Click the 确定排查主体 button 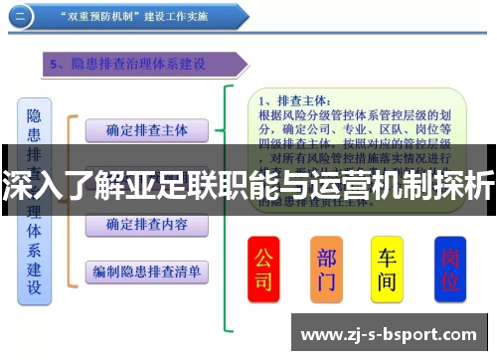coord(145,130)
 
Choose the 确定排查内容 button coord(145,224)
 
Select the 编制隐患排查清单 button coord(146,270)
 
